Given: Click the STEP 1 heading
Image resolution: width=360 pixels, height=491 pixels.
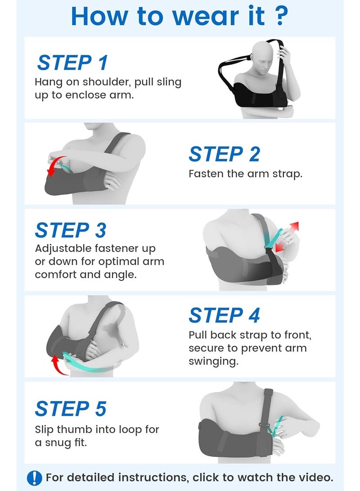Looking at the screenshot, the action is [x=72, y=62].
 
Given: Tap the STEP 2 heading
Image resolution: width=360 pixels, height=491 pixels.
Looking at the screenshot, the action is [x=224, y=154].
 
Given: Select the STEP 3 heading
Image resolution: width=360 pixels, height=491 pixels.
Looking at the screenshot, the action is [x=71, y=230].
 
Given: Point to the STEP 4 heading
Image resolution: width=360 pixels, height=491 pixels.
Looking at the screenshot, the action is [x=224, y=315].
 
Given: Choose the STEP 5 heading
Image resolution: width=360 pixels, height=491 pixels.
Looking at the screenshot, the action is [x=71, y=409].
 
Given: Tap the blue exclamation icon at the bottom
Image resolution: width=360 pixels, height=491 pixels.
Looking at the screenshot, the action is [x=35, y=478].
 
